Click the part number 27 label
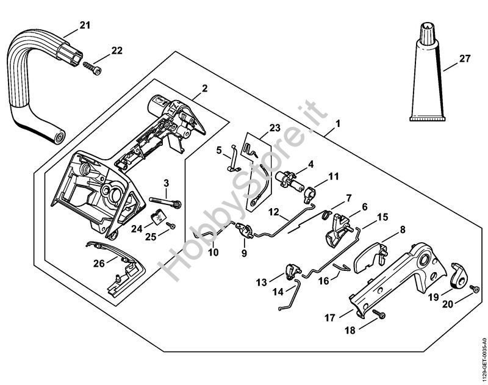tap(465, 60)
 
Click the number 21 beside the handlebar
tap(84, 26)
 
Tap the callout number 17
tap(329, 317)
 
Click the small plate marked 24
tap(158, 216)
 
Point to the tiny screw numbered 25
tap(172, 225)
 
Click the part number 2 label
tap(204, 88)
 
